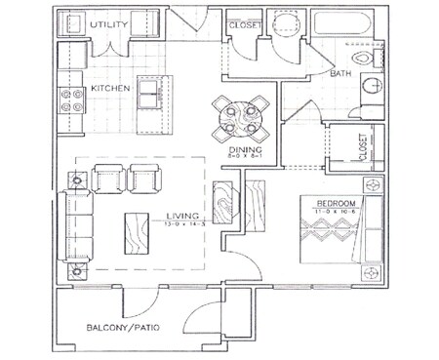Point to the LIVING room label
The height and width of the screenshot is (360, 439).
click(182, 215)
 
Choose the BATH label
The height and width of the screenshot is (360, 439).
click(341, 73)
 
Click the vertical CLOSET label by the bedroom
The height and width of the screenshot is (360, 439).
click(363, 147)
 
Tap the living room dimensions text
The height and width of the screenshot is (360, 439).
click(182, 223)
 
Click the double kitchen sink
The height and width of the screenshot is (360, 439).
click(148, 93)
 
